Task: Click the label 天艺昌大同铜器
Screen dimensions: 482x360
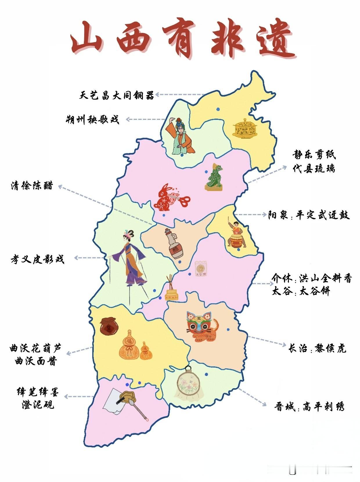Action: tap(117, 95)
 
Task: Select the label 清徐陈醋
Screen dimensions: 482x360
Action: tap(32, 186)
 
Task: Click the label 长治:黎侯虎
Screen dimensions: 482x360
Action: tap(317, 348)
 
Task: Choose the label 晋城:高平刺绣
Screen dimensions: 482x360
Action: tap(309, 407)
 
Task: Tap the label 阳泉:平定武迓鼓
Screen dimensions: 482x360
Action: tap(309, 215)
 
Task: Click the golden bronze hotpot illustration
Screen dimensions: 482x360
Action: tap(245, 128)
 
